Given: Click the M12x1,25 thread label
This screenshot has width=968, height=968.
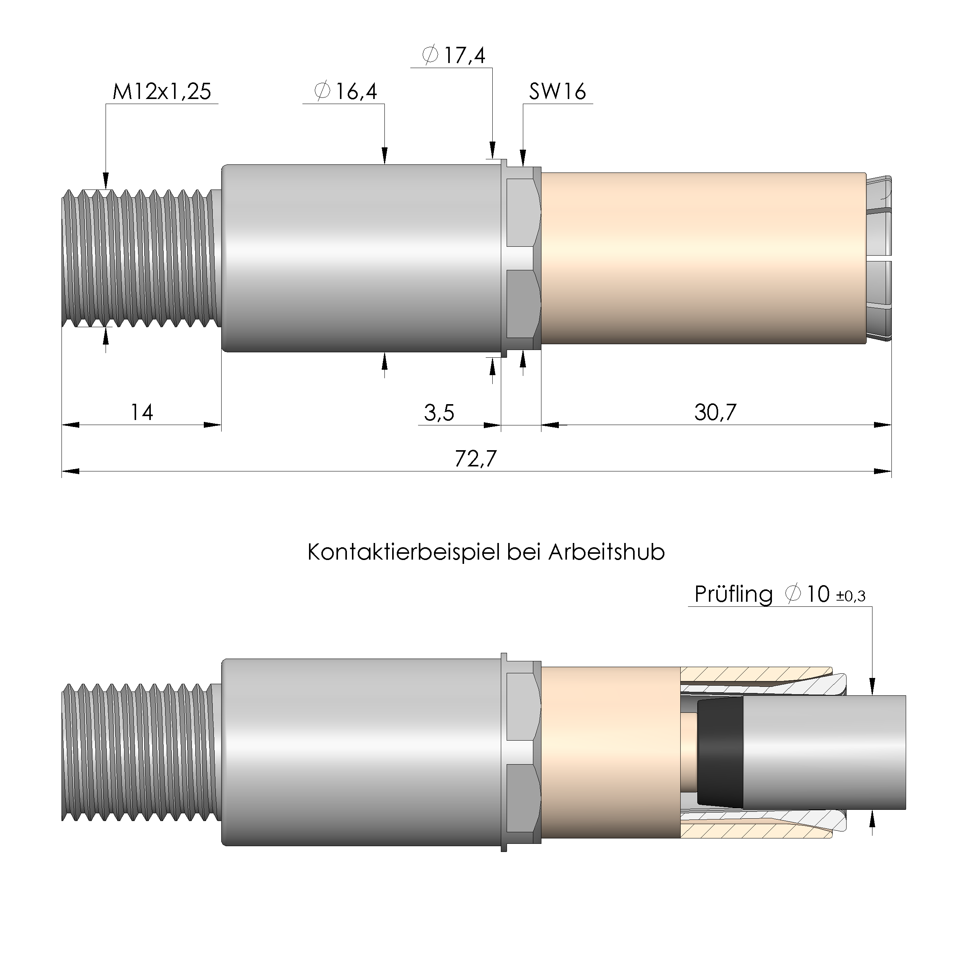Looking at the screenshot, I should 162,92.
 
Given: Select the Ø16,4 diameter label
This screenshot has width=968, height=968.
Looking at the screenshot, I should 346,92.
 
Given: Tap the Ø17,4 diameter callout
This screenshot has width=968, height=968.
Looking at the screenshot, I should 453,55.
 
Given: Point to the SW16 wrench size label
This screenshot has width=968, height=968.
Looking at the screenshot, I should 557,92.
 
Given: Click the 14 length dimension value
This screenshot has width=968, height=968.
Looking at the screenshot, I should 142,412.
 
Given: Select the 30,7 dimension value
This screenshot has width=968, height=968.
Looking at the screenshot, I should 715,412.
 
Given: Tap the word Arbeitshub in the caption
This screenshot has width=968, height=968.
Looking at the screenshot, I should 606,553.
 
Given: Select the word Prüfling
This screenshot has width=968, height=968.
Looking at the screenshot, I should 733,595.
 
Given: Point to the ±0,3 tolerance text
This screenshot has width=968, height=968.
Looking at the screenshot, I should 851,596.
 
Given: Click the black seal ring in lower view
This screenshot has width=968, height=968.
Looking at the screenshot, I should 719,753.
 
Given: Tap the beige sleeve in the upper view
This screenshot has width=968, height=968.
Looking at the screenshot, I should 702,258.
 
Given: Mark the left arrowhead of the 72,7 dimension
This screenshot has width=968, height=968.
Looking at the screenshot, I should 70,471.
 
